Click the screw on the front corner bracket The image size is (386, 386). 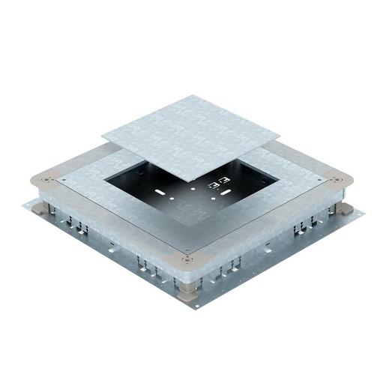click(x=187, y=260)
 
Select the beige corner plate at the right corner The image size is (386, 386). click(x=338, y=182)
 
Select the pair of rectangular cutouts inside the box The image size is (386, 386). click(x=218, y=182)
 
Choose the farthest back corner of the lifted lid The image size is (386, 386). click(x=195, y=95)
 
